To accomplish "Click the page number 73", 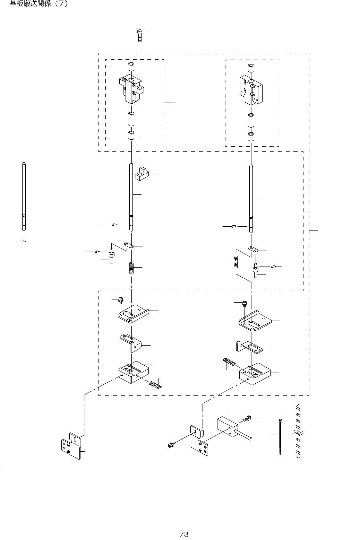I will click(184, 534).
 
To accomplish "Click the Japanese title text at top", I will click(38, 4).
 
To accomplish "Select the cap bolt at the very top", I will click(139, 35).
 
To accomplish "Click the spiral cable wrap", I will click(298, 432).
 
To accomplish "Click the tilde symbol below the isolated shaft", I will click(24, 241).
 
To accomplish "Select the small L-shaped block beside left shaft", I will click(142, 174).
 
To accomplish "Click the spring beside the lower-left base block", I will click(155, 385).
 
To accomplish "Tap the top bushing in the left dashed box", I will click(131, 67).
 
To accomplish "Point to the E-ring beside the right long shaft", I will click(234, 227).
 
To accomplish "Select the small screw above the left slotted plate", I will click(121, 300).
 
